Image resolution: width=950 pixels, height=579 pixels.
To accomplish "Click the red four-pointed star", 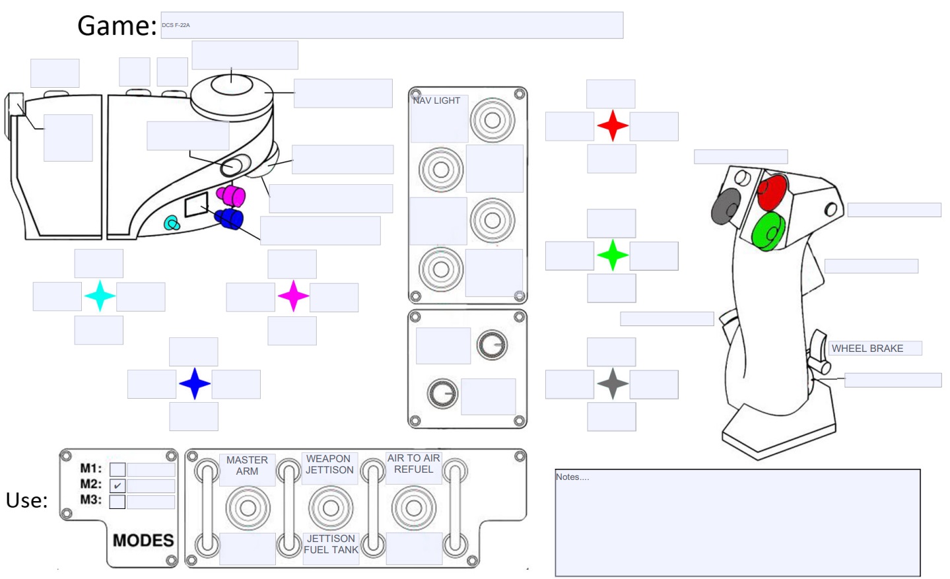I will coord(613,125).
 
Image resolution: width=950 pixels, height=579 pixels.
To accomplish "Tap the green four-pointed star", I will coord(613,255).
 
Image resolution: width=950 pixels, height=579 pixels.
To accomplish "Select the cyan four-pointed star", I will coord(100,296).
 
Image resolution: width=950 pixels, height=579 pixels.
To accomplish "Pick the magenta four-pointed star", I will coord(294,296).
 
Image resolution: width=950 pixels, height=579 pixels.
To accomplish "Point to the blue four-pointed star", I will coord(195,384).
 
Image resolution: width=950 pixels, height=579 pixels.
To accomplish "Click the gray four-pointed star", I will coord(613,384).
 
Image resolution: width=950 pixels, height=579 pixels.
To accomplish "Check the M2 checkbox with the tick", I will coord(118,486).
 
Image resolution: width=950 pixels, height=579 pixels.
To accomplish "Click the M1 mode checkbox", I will coord(118,469).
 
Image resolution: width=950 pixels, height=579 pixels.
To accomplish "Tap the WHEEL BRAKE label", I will coord(867,349).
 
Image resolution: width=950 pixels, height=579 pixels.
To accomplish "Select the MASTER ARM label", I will coord(247,465).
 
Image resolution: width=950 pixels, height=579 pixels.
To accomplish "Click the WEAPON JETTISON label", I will coord(329,464).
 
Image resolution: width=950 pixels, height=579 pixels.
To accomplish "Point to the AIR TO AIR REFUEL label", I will coord(414,463).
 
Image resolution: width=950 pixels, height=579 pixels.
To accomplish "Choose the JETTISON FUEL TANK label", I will coord(331,544).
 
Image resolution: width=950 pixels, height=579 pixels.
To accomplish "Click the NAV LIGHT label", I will coord(436,100).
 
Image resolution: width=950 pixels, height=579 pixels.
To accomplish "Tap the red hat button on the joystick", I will coord(772,191).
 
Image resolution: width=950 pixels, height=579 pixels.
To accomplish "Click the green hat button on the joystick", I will coord(768,230).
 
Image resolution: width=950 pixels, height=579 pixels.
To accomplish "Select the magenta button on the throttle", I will coord(232,196).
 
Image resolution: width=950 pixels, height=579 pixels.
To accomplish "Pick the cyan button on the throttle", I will coord(172,224).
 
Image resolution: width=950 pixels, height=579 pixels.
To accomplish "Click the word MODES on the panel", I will coord(143,540).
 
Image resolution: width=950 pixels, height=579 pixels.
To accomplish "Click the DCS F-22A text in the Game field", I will coord(176,25).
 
